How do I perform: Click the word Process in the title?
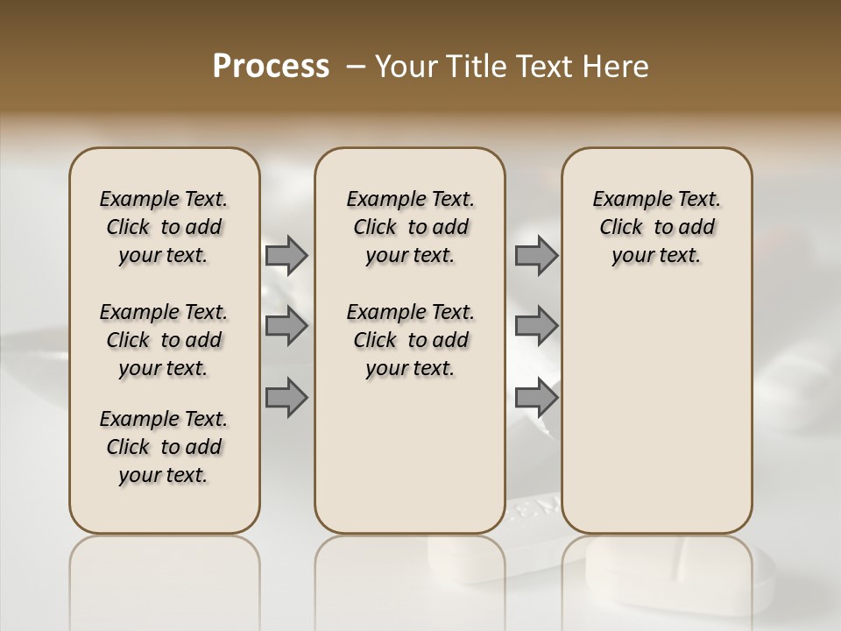[271, 67]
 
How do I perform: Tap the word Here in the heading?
[617, 67]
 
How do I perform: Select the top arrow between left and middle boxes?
[286, 255]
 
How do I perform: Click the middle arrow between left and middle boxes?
[286, 326]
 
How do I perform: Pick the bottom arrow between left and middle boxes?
[286, 398]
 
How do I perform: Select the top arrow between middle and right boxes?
[536, 255]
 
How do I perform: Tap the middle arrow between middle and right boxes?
[536, 326]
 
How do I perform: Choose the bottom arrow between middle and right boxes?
[536, 398]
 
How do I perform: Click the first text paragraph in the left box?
[164, 227]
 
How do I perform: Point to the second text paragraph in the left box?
[164, 340]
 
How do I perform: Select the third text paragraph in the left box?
[164, 447]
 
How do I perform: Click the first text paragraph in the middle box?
[410, 227]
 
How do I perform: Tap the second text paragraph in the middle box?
[410, 340]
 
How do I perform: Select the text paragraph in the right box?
[656, 227]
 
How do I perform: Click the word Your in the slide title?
[407, 67]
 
